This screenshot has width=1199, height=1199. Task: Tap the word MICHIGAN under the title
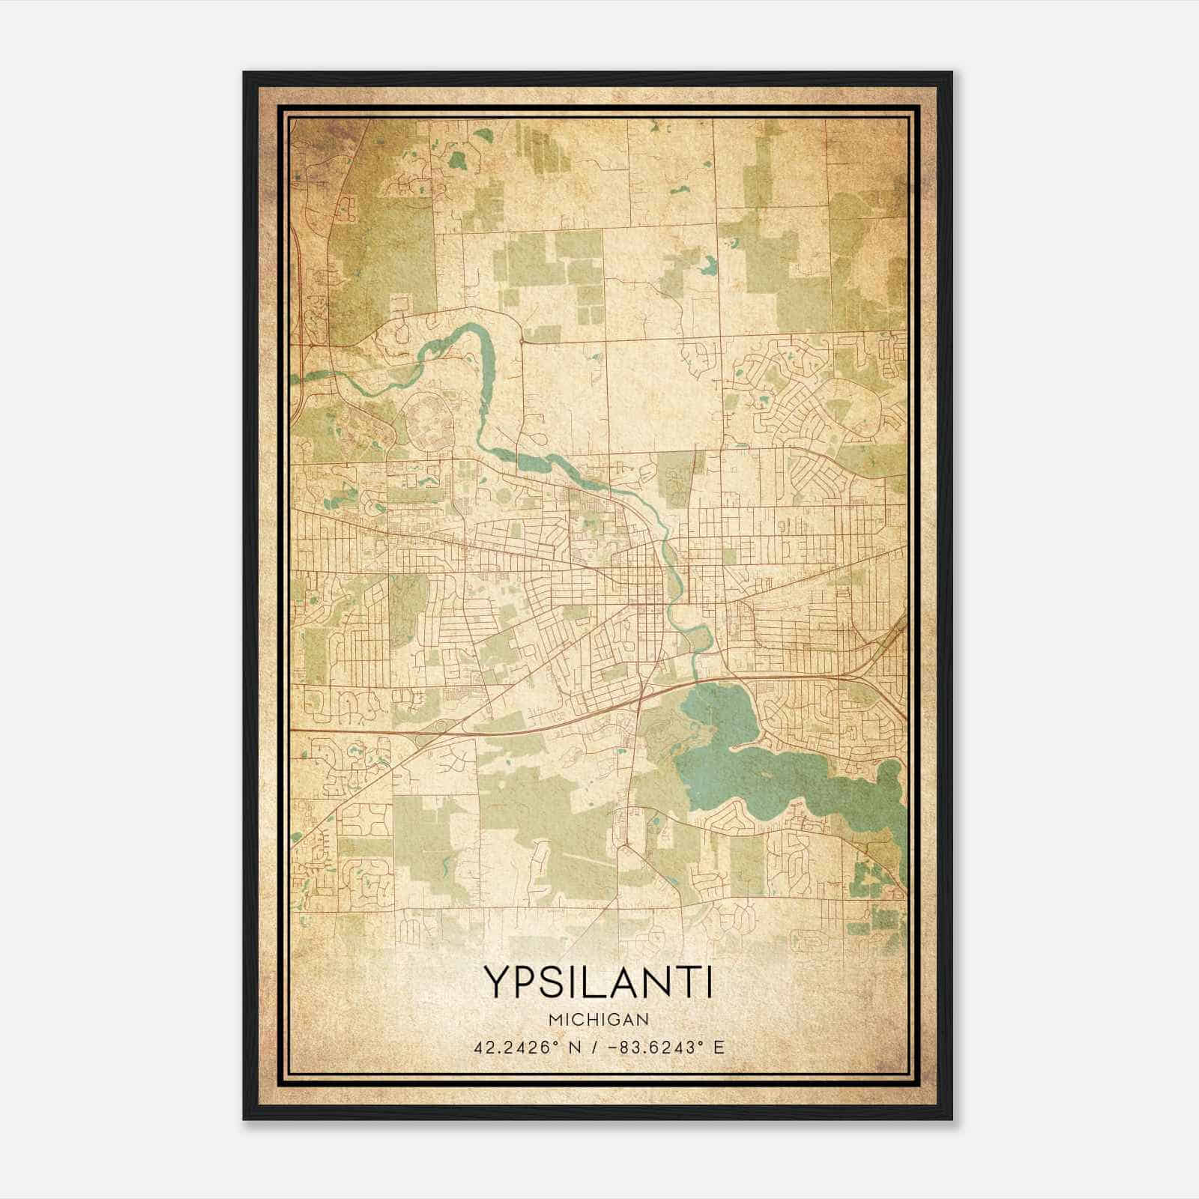[598, 1019]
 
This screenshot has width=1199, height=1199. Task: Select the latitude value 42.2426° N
[518, 1047]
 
